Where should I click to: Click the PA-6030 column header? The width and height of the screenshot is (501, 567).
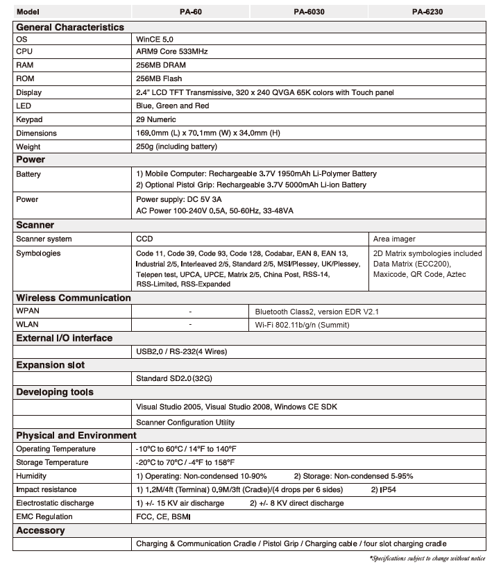309,12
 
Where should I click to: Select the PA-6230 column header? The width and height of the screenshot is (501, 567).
428,12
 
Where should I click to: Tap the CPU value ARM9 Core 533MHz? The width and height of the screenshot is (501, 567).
172,52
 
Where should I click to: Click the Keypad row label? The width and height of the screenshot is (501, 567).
28,119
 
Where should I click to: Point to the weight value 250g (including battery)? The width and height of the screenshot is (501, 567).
177,146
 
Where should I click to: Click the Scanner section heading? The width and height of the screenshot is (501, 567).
35,225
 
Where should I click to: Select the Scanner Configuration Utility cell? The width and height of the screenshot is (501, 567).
185,422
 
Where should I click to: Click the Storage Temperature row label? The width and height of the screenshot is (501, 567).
56,462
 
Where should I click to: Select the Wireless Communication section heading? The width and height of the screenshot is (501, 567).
73,298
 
